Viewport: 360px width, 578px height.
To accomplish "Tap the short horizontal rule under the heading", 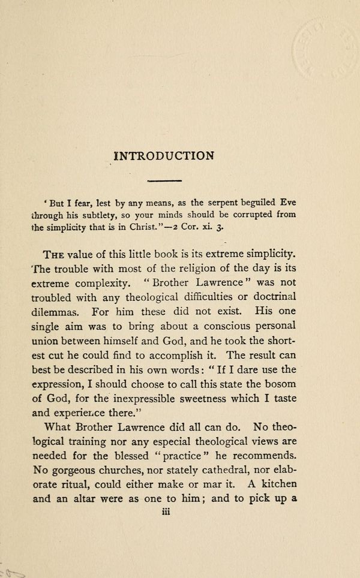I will click(x=164, y=180).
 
